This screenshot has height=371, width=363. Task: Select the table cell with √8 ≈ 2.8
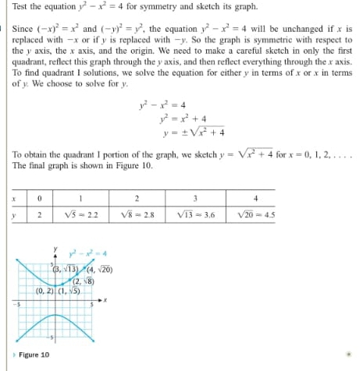click(137, 214)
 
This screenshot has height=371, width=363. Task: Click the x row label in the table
click(14, 197)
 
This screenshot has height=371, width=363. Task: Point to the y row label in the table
click(14, 214)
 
